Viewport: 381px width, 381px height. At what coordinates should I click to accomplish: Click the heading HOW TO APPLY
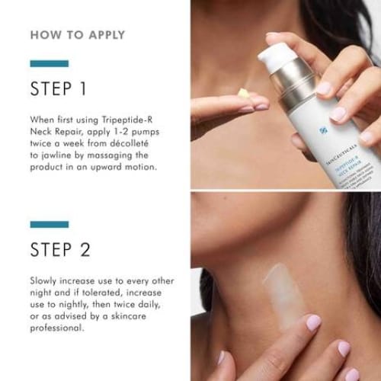[x=78, y=35]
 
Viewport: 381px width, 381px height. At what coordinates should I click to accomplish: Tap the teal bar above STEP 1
[x=50, y=64]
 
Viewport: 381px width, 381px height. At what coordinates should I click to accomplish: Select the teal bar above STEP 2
[x=50, y=224]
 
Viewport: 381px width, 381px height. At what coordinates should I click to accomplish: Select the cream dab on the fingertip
[x=243, y=94]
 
